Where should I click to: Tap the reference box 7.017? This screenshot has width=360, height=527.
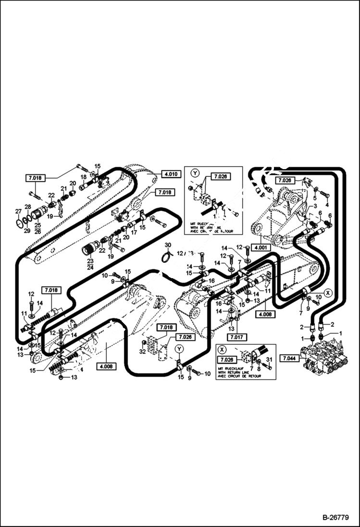tap(236, 337)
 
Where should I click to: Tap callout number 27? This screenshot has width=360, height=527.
tap(18, 211)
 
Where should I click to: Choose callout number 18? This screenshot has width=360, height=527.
tap(83, 177)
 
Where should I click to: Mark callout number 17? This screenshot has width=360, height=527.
tap(134, 232)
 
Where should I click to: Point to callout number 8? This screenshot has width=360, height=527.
tap(259, 368)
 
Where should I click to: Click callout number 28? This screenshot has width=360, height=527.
tap(27, 207)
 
